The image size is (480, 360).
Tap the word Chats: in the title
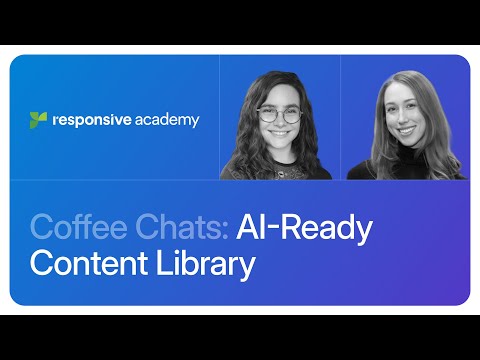178,228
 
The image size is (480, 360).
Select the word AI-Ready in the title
304,228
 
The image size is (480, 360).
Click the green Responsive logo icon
39,120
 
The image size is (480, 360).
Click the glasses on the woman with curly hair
279,115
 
